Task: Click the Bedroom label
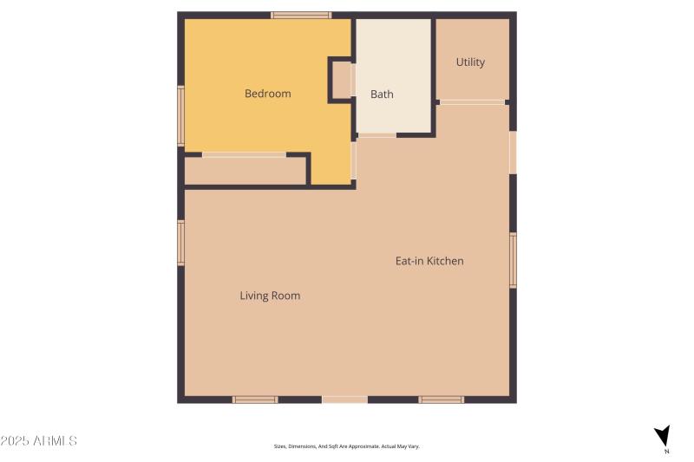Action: [267, 94]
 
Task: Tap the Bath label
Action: [382, 94]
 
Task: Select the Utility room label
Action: [470, 62]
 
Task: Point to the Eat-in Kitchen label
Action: [429, 261]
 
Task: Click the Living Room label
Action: [270, 296]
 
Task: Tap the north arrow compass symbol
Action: [663, 436]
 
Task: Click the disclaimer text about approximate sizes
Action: [346, 446]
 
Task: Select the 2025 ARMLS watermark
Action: [39, 441]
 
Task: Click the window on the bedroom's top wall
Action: [301, 15]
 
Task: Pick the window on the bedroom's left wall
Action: [180, 115]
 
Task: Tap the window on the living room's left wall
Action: [180, 242]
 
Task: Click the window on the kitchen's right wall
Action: [513, 260]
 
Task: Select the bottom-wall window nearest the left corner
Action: [255, 400]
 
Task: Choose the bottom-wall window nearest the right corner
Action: [442, 400]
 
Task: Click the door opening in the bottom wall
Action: [344, 400]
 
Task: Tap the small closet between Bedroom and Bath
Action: [340, 80]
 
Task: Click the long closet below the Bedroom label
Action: [246, 171]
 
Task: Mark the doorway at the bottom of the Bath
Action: [376, 135]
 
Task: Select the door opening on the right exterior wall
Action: [513, 152]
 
